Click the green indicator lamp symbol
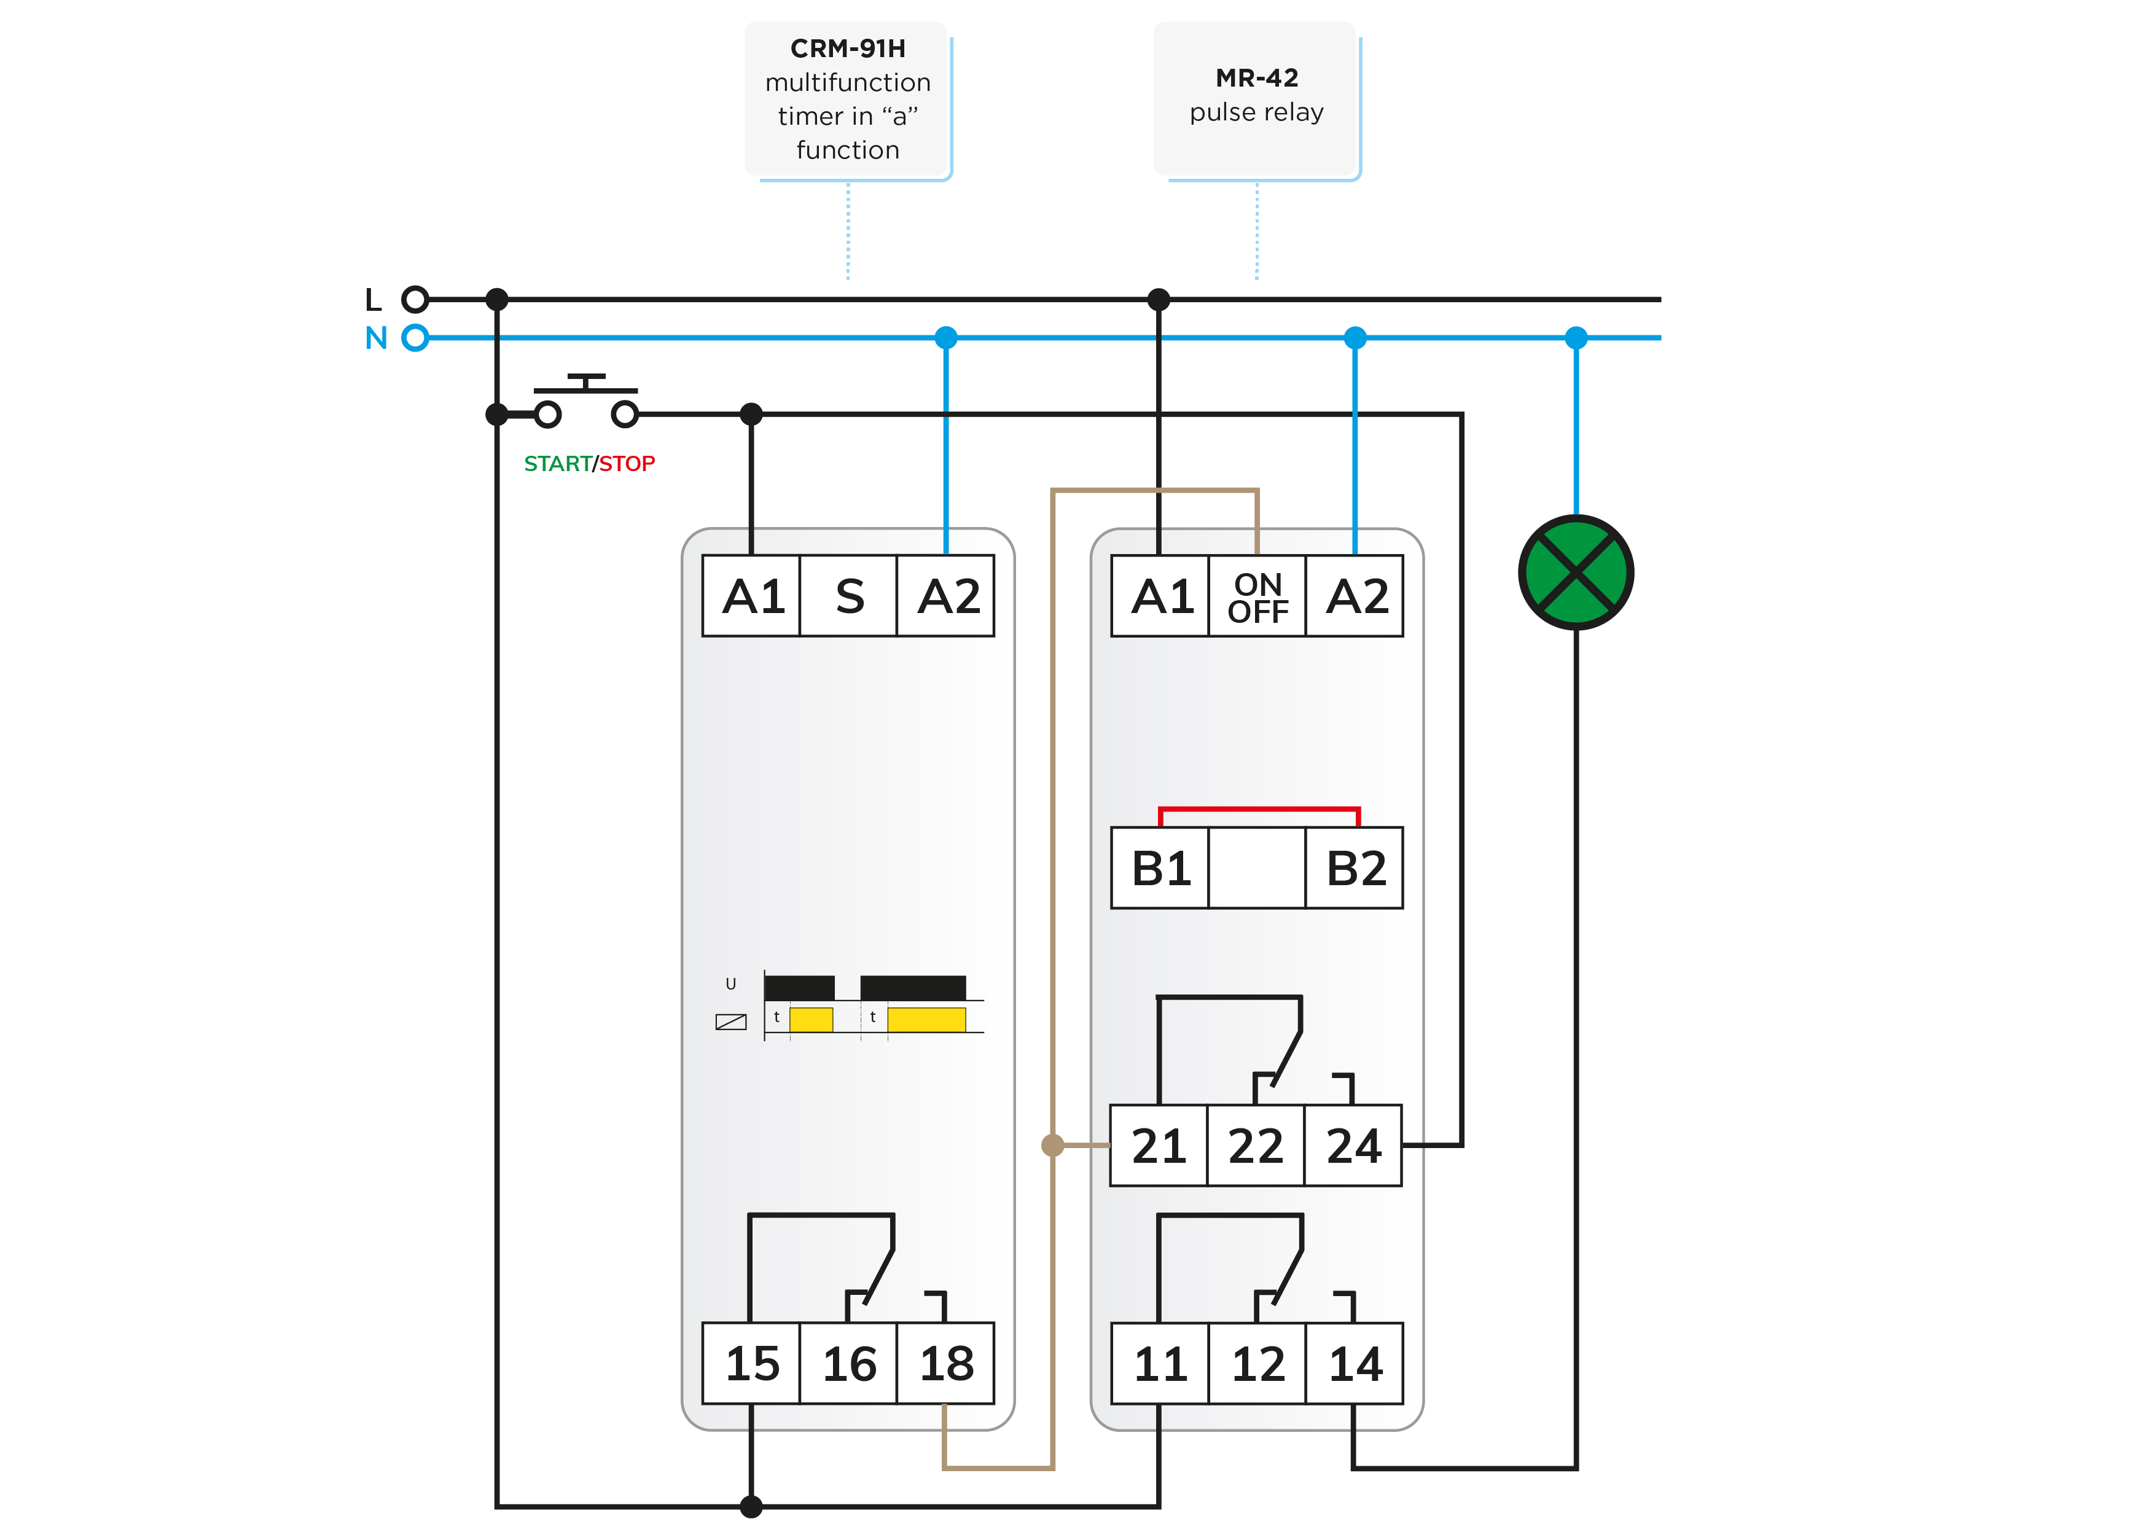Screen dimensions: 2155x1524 click(x=1575, y=572)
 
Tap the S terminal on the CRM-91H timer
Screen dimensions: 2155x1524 click(x=848, y=596)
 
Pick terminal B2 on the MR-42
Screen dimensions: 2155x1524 click(x=1355, y=868)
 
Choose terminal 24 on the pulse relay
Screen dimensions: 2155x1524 click(x=1353, y=1146)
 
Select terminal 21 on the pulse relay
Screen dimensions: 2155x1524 click(x=1159, y=1146)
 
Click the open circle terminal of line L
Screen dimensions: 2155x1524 click(x=415, y=299)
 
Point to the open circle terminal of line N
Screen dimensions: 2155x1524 click(x=415, y=337)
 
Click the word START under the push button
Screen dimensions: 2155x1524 click(x=558, y=464)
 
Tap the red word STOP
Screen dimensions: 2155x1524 click(x=627, y=464)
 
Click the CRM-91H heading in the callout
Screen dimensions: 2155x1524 click(x=848, y=48)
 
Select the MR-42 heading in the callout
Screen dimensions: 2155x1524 click(x=1257, y=78)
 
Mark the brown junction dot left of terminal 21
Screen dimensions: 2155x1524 click(x=1053, y=1145)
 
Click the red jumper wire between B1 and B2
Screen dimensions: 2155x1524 click(x=1259, y=809)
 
